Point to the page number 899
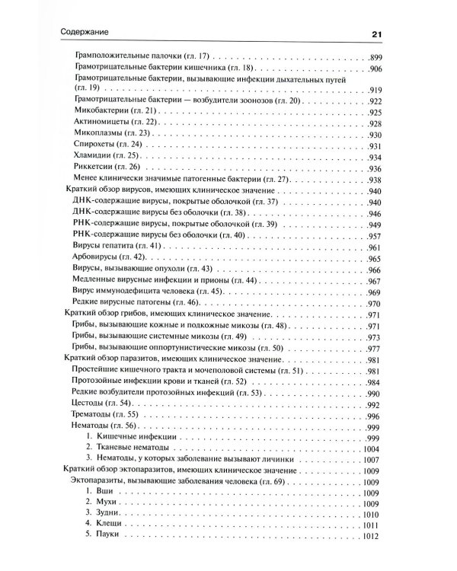379,58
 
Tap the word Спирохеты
97,145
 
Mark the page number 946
379,212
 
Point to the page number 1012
376,539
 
